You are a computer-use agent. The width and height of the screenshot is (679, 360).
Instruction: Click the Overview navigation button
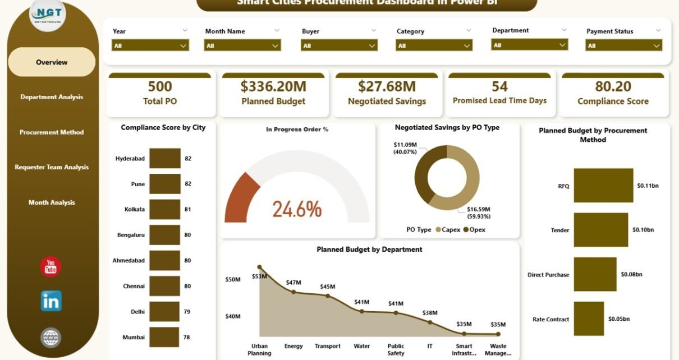pos(52,62)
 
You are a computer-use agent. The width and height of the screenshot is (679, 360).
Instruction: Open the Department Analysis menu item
pos(52,97)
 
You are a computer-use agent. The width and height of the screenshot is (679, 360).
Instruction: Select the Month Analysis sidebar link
pos(52,202)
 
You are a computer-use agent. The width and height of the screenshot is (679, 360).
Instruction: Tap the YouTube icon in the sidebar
pos(51,267)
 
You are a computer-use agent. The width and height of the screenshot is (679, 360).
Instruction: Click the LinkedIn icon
pos(51,301)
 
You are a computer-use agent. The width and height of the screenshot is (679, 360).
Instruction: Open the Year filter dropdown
pos(150,45)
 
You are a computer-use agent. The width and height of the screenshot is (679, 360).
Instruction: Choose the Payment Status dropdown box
pos(623,45)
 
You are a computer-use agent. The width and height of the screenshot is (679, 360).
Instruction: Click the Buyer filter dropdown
pos(339,45)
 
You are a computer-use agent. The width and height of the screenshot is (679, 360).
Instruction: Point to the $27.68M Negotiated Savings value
pos(387,86)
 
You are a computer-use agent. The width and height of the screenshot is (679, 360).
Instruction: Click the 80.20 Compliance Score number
pos(613,86)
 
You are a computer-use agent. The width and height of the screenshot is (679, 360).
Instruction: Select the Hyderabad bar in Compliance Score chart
pos(165,159)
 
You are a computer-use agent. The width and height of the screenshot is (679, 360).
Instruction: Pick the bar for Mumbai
pos(165,337)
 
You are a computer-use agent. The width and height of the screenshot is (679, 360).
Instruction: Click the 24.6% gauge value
pos(297,209)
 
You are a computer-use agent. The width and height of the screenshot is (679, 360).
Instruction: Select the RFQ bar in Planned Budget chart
pos(603,185)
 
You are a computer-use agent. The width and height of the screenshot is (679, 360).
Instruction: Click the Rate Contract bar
pos(589,319)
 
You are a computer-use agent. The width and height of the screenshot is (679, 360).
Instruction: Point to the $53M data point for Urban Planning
pos(259,267)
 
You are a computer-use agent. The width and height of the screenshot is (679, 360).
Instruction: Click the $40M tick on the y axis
pos(233,316)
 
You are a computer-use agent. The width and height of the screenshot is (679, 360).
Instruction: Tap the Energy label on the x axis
pos(293,346)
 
